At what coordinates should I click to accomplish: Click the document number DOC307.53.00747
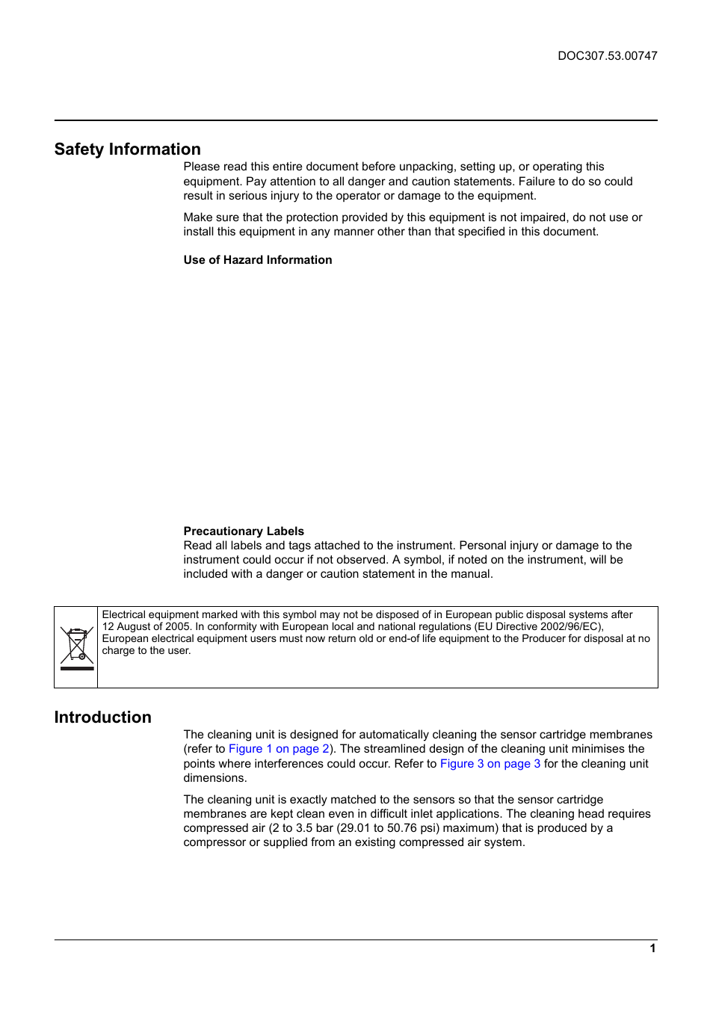pyautogui.click(x=607, y=56)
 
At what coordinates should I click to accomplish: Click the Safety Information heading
pyautogui.click(x=128, y=149)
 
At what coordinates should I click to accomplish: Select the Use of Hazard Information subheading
pyautogui.click(x=258, y=260)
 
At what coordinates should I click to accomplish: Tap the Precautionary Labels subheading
pyautogui.click(x=244, y=531)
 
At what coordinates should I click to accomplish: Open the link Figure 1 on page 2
pyautogui.click(x=279, y=749)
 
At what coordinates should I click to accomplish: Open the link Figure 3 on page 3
pyautogui.click(x=490, y=764)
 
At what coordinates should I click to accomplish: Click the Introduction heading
pyautogui.click(x=103, y=718)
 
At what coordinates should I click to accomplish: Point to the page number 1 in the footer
pyautogui.click(x=652, y=948)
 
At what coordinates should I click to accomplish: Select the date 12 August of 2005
pyautogui.click(x=146, y=627)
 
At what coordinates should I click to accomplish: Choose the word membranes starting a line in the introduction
pyautogui.click(x=215, y=814)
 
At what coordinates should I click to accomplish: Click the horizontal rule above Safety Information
pyautogui.click(x=356, y=120)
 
